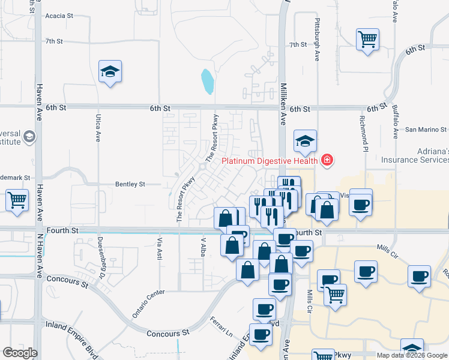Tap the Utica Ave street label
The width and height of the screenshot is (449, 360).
coord(97,128)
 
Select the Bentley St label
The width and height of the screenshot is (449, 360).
coord(130,184)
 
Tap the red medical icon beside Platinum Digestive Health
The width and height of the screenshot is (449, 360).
coord(327,160)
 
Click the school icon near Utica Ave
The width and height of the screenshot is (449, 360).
coord(110,73)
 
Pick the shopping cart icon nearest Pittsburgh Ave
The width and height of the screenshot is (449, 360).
coord(367,40)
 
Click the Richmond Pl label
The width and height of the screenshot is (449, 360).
coord(364,133)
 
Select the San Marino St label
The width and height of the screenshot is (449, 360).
coord(426,129)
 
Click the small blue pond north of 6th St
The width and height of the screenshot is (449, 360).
coord(208,82)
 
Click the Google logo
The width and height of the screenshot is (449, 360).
coord(20,353)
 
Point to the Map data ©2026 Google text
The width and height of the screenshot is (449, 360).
coord(411,355)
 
